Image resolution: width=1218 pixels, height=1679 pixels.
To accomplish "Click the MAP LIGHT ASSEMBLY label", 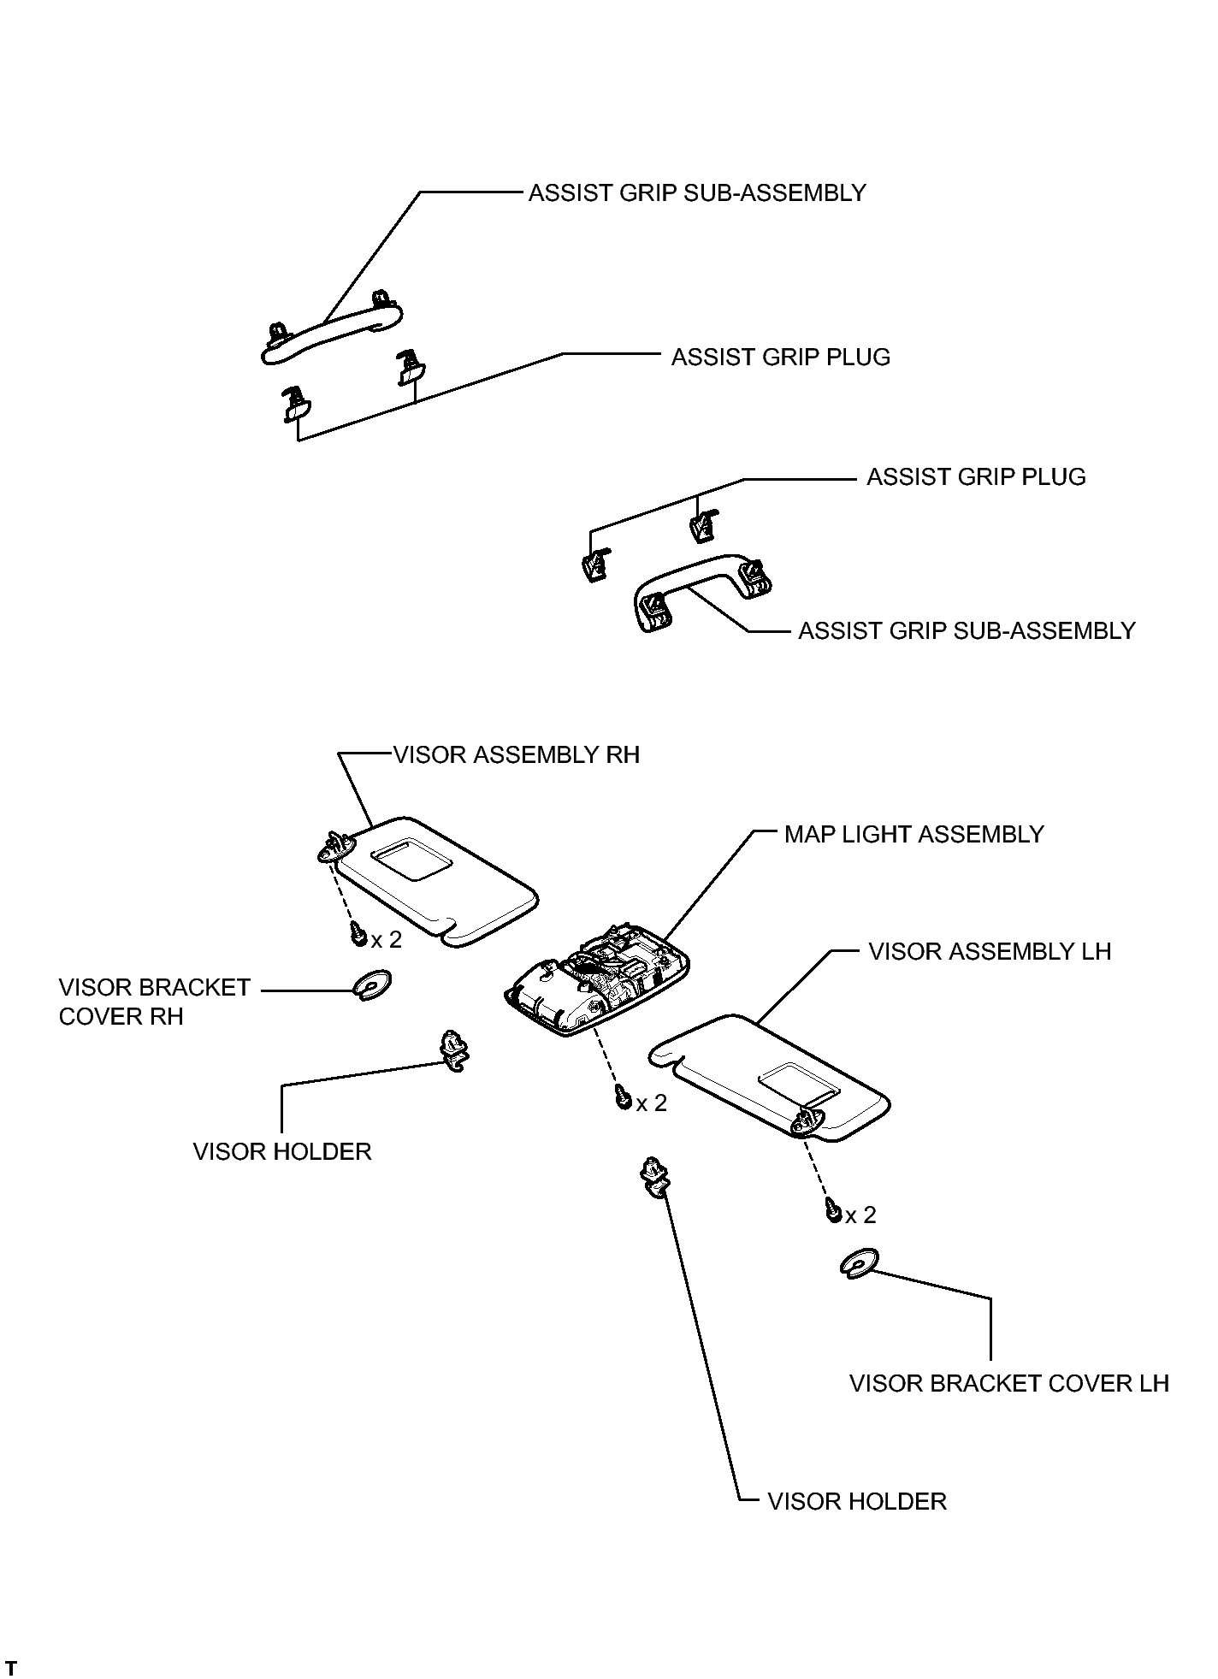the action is click(913, 835).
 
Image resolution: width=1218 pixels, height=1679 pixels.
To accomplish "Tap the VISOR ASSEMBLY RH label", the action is click(517, 755).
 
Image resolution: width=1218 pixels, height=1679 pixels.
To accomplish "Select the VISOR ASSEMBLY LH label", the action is click(990, 952).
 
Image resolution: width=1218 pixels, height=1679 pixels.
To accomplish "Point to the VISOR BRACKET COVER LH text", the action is click(1009, 1383).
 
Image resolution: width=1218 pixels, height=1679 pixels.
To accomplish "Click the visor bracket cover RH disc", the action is click(373, 984).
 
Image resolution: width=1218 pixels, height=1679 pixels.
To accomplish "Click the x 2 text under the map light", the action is click(652, 1103).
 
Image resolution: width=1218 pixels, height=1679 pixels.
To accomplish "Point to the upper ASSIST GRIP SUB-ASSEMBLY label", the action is click(697, 193).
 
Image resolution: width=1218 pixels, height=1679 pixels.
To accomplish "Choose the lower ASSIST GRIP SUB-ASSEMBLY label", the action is click(967, 631).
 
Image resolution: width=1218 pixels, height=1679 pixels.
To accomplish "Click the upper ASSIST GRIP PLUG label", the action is click(780, 358).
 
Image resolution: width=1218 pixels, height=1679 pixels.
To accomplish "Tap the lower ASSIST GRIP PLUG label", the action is click(976, 477).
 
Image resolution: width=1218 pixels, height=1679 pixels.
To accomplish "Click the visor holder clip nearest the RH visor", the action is click(453, 1051).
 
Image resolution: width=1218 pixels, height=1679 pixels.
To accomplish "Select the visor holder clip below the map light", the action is click(653, 1177).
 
